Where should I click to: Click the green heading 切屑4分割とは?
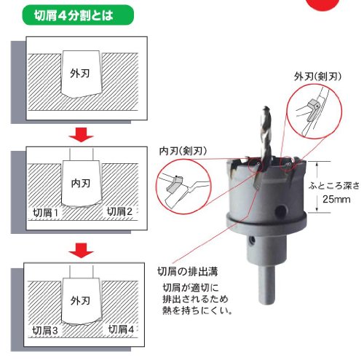tap(74, 15)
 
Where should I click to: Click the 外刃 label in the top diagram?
tap(80, 73)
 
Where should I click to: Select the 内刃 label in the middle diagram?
tap(81, 183)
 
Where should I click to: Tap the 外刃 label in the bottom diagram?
tap(81, 301)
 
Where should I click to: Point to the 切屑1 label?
tap(46, 213)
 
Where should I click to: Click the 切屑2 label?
tap(119, 211)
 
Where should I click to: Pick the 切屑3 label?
tap(45, 330)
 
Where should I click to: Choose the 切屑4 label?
tap(121, 329)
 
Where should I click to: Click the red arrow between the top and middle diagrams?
tap(81, 135)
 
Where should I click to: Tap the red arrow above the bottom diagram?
tap(81, 251)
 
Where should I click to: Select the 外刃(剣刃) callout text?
tap(317, 77)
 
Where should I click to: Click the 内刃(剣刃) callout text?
tap(183, 151)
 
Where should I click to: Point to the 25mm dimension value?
tap(336, 200)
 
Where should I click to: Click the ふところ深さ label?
tap(334, 186)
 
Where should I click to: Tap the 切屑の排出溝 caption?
tap(188, 271)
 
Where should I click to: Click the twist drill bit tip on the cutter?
tap(266, 108)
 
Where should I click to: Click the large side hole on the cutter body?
tap(280, 211)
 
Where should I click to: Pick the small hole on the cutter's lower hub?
tap(252, 240)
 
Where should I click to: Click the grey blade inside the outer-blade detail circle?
tap(312, 110)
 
